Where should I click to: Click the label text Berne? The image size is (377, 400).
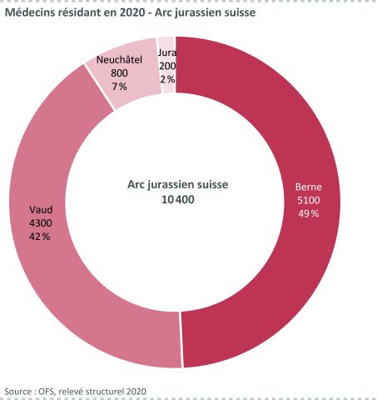308,187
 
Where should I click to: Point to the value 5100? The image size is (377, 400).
308,200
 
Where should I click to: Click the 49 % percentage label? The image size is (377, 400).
308,213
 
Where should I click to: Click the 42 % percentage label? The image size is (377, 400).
40,237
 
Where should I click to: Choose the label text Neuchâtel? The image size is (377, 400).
119,59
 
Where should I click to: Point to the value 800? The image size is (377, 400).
119,72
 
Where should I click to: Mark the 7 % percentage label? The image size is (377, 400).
119,87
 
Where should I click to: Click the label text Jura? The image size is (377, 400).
167,52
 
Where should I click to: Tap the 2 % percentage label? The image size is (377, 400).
167,79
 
